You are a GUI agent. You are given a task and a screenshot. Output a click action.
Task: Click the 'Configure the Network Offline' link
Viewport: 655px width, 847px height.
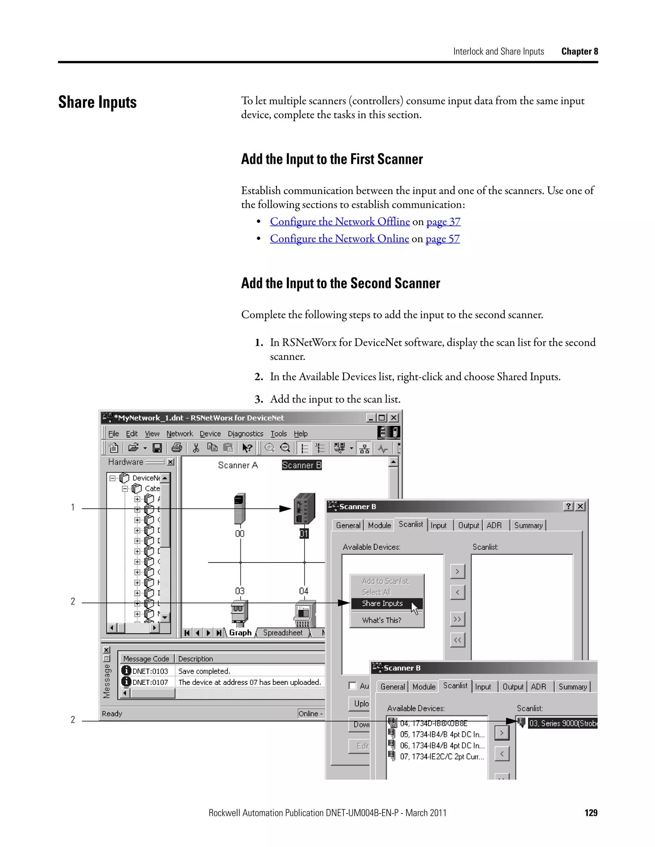[340, 221]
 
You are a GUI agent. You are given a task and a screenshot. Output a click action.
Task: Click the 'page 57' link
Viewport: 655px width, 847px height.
[442, 238]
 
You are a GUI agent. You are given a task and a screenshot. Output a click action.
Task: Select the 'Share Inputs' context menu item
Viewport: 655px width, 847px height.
[382, 603]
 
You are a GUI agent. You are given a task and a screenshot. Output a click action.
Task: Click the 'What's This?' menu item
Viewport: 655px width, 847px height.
[382, 620]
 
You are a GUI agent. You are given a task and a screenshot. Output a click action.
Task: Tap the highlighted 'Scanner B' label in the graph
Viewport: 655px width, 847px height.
[302, 465]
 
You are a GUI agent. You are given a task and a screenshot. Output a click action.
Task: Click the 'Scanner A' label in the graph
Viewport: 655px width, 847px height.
[238, 465]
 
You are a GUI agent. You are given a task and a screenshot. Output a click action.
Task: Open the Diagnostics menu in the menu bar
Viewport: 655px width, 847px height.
[245, 434]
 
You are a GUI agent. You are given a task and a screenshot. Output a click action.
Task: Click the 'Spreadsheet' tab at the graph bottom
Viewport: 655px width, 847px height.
[282, 633]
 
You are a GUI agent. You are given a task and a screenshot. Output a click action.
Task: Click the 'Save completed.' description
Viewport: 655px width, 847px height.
[204, 671]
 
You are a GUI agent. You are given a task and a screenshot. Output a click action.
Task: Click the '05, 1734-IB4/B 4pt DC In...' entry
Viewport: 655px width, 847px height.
[442, 734]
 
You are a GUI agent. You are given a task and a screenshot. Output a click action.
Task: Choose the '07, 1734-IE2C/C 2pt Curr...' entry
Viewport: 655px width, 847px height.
[442, 756]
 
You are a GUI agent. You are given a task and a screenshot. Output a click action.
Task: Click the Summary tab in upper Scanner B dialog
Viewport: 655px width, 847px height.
[528, 525]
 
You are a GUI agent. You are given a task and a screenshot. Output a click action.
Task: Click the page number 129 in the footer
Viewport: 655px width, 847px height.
[591, 812]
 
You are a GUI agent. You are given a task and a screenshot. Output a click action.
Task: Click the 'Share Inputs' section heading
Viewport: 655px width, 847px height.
[98, 102]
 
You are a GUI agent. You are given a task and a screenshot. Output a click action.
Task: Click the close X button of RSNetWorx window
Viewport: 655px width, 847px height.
[393, 418]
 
